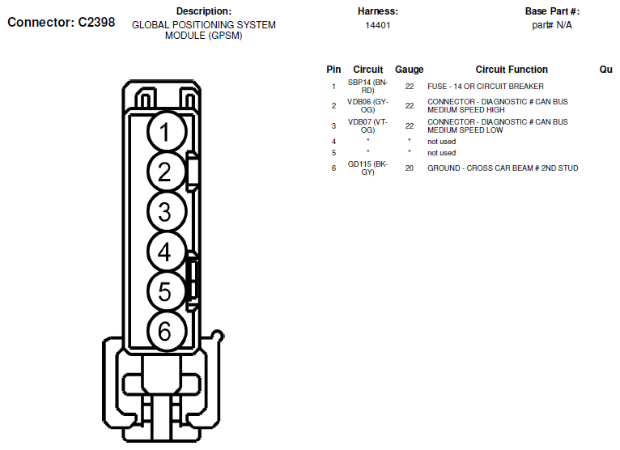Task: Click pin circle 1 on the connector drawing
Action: coord(166,131)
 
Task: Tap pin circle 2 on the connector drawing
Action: coord(166,172)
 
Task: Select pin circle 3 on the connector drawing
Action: coord(166,211)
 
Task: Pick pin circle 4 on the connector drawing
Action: coord(166,251)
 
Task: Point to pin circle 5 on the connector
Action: coord(166,291)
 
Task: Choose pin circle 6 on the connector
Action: coord(166,331)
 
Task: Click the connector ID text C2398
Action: coord(96,22)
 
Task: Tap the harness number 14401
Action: coord(378,25)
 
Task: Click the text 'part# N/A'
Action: coord(551,25)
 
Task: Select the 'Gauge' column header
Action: coord(410,70)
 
